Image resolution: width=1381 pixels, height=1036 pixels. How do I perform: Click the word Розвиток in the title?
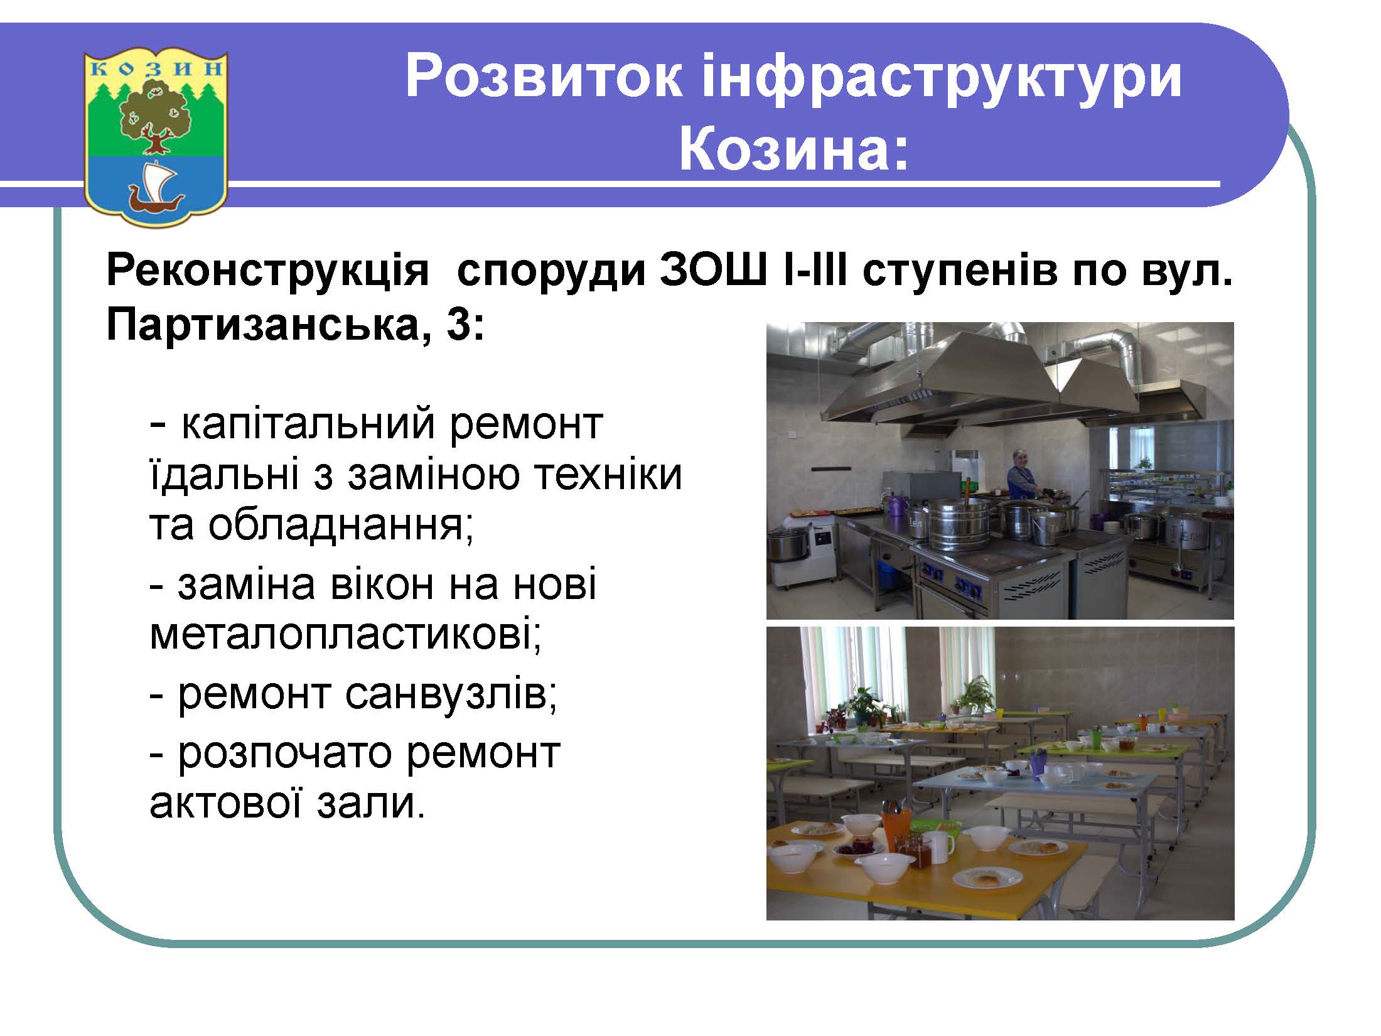pyautogui.click(x=544, y=78)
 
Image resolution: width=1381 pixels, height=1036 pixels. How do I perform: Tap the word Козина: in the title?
pyautogui.click(x=794, y=150)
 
